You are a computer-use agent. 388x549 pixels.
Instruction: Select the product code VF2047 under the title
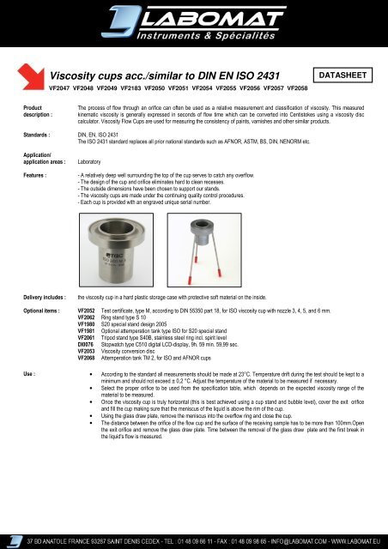click(62, 88)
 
